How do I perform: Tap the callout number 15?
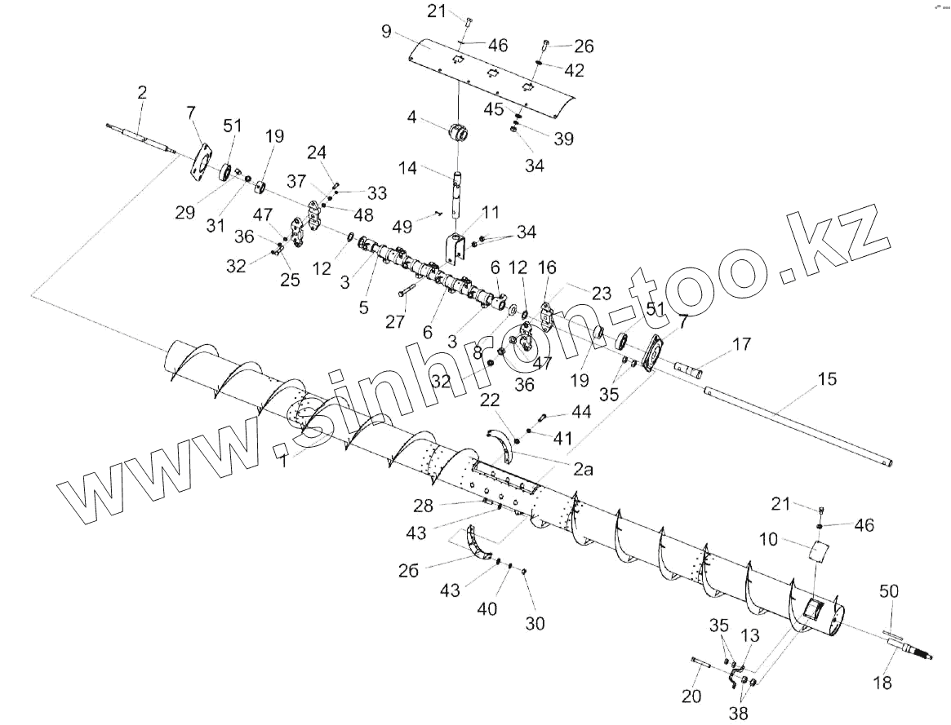point(827,379)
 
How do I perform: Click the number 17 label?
point(741,345)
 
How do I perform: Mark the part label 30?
point(535,623)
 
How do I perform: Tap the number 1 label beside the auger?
point(283,462)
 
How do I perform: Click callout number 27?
point(395,321)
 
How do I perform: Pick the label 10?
point(767,539)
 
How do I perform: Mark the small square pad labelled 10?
point(819,553)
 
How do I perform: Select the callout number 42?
point(574,70)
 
